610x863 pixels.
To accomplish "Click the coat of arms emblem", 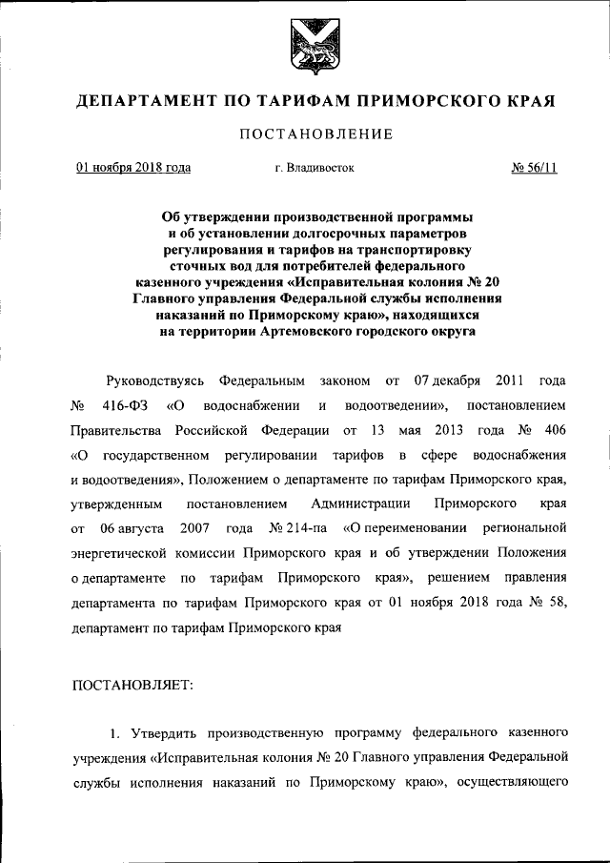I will [x=304, y=45].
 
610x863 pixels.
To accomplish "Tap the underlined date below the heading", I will [x=133, y=168].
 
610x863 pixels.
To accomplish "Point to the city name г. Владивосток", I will [x=314, y=168].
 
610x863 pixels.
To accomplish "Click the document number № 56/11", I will [x=535, y=168].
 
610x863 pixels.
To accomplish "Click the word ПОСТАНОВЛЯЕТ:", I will [x=132, y=685].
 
